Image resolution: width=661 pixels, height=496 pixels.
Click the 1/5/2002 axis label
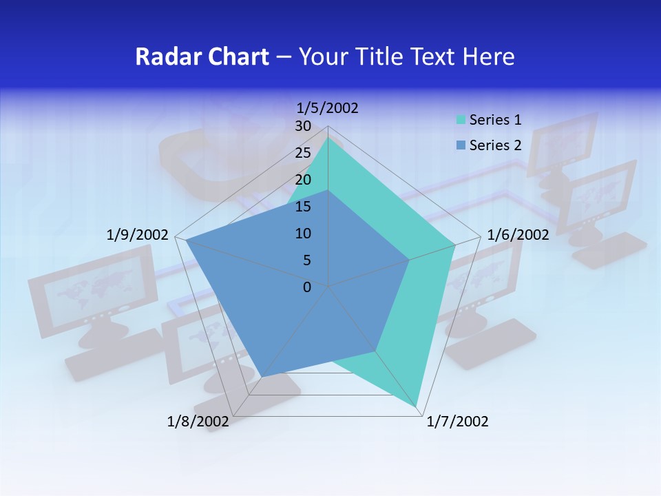[x=327, y=107]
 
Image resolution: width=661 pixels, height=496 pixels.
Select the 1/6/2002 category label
[x=518, y=235]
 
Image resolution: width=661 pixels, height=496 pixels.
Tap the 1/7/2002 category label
[x=457, y=422]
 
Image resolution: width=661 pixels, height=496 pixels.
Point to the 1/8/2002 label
[x=198, y=422]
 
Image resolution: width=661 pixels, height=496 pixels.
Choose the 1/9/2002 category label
[x=137, y=235]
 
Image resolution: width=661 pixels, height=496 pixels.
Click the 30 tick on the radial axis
[x=303, y=126]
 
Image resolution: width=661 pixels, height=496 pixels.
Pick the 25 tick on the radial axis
[x=303, y=153]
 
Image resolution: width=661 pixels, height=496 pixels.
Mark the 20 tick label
[x=303, y=180]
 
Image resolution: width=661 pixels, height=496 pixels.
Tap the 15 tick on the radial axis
[x=303, y=207]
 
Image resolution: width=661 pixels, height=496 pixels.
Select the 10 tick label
[x=303, y=234]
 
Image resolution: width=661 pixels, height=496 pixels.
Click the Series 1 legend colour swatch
[x=461, y=121]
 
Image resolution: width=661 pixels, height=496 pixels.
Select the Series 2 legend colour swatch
[x=461, y=145]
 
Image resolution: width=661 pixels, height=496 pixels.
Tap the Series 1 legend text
[x=495, y=120]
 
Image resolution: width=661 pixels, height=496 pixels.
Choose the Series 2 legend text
[x=495, y=145]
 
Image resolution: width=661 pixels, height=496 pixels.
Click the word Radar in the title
[x=163, y=56]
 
